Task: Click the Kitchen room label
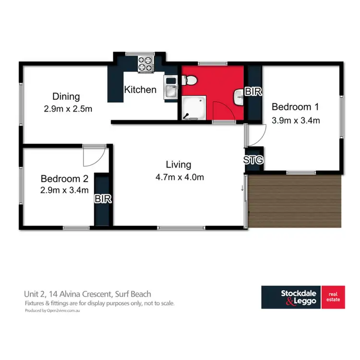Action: coord(140,90)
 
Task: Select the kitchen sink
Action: coord(170,87)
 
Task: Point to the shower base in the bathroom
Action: coord(194,107)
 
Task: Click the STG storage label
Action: coord(253,160)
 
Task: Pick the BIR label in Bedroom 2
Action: coord(103,199)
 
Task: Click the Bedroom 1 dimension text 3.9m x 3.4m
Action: coord(296,120)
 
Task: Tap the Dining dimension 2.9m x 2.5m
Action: coord(66,109)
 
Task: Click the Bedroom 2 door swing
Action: coord(91,155)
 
